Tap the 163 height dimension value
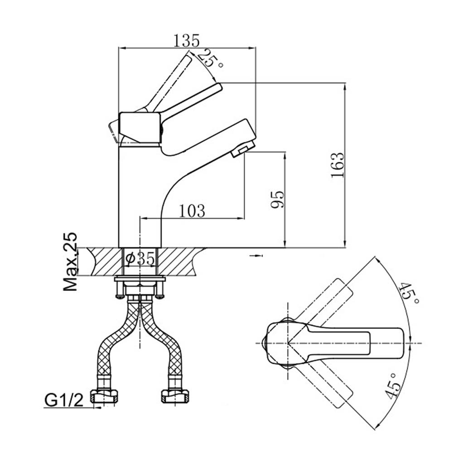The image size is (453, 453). [x=338, y=165]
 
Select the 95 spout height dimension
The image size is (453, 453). [x=278, y=199]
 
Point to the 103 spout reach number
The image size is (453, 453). [x=192, y=211]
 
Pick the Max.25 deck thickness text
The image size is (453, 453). [x=71, y=261]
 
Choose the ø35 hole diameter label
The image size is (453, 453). [x=140, y=259]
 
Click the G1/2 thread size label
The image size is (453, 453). [x=64, y=400]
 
